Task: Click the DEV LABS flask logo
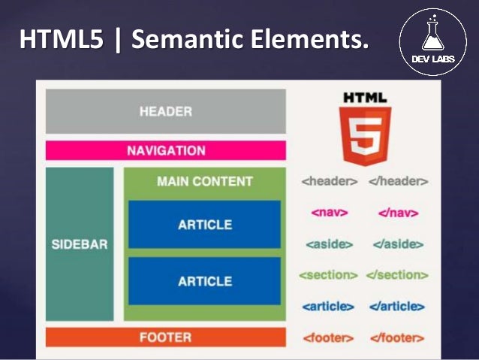click(x=438, y=41)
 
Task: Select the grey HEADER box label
click(x=166, y=112)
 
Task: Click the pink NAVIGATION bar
click(x=166, y=150)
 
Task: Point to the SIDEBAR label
click(x=80, y=244)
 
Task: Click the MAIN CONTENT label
click(x=205, y=181)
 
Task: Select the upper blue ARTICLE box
click(x=205, y=224)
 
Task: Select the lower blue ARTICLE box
click(x=205, y=281)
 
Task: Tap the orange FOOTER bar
click(x=166, y=337)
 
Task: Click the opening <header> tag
click(x=330, y=181)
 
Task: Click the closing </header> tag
click(x=399, y=181)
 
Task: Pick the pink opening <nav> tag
click(x=330, y=213)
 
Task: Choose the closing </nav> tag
click(x=399, y=213)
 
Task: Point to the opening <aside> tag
click(x=330, y=244)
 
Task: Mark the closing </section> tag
click(x=396, y=275)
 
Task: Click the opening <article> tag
click(x=328, y=307)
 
